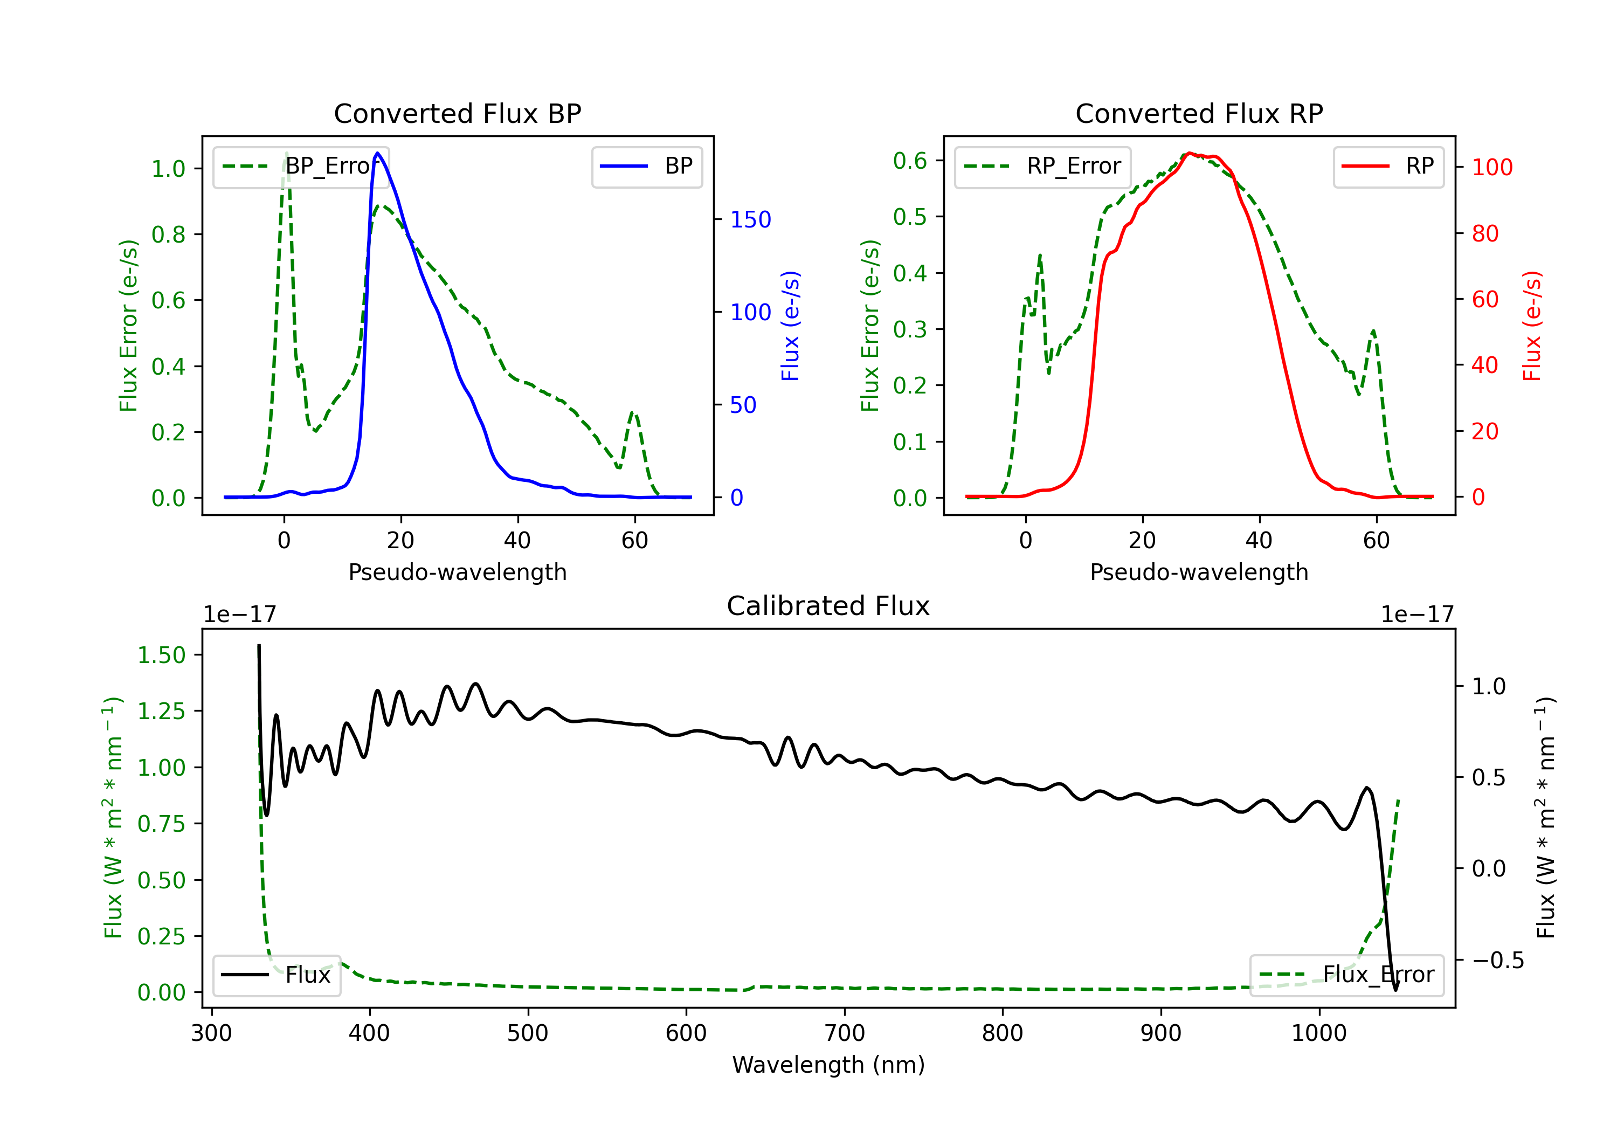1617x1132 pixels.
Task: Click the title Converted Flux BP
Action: click(x=458, y=113)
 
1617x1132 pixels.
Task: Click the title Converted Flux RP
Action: click(x=1199, y=113)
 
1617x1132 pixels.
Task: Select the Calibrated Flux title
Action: click(x=828, y=606)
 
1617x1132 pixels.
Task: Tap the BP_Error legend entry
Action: click(x=301, y=166)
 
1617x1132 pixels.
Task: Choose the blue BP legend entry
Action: click(x=646, y=166)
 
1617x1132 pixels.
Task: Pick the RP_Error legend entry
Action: click(x=1042, y=166)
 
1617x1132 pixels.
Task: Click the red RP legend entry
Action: click(x=1388, y=166)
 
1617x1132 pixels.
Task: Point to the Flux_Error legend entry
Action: click(x=1346, y=975)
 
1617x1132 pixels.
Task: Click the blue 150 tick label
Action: click(x=751, y=220)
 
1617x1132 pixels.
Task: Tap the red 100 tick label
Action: click(x=1492, y=168)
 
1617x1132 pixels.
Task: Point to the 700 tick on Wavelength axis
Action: click(x=845, y=1033)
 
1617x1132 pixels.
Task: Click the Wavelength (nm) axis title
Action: click(x=828, y=1065)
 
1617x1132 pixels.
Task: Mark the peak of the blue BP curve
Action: click(x=377, y=153)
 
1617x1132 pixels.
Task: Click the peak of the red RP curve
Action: click(x=1189, y=153)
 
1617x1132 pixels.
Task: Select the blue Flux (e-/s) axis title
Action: click(x=790, y=326)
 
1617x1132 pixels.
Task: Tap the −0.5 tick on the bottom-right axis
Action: click(x=1498, y=961)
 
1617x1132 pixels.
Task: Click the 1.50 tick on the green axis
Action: click(x=161, y=655)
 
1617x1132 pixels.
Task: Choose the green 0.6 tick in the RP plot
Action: click(x=910, y=161)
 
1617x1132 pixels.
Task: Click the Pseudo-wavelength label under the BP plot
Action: click(x=458, y=572)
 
